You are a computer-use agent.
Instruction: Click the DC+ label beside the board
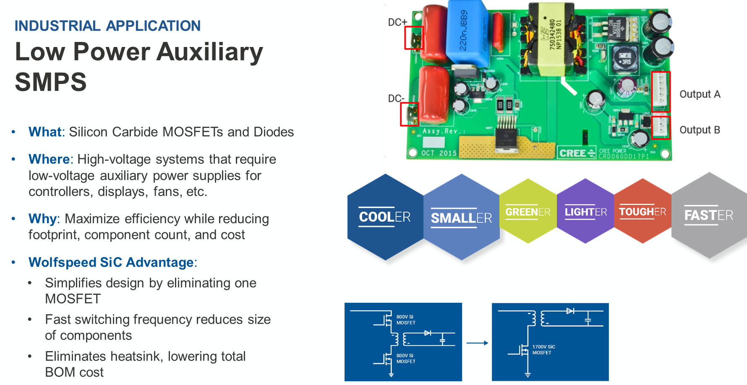(397, 22)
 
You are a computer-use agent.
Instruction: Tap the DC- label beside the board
(396, 99)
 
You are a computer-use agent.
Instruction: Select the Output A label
(700, 94)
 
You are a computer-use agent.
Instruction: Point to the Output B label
(700, 130)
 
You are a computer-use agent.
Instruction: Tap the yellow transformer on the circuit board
(551, 40)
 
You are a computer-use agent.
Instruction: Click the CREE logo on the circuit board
(577, 153)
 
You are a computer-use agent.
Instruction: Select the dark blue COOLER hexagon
(385, 217)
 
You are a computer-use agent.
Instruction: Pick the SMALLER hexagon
(461, 218)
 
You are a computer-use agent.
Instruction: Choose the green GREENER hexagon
(528, 211)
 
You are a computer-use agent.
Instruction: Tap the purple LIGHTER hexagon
(585, 211)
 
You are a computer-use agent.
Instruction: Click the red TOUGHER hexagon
(643, 211)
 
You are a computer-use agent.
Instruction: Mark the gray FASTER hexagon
(709, 216)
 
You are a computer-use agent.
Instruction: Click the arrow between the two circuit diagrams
(477, 343)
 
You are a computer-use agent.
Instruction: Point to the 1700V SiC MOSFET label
(543, 350)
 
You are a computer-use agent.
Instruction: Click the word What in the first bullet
(45, 132)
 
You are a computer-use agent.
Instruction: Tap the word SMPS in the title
(51, 82)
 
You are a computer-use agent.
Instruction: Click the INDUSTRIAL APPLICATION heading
(107, 26)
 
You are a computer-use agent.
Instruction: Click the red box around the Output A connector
(661, 91)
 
